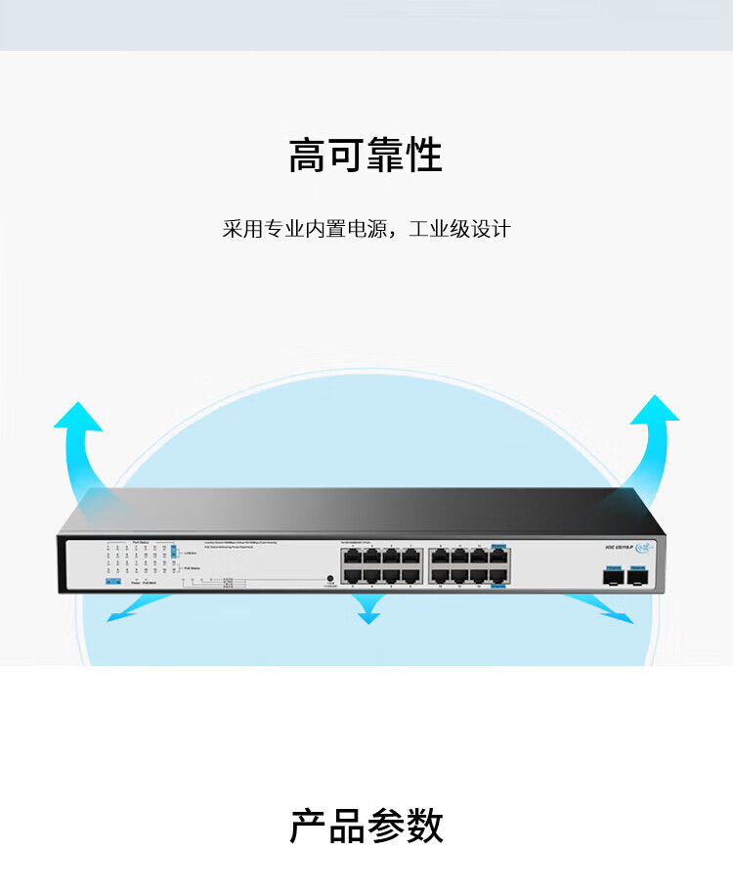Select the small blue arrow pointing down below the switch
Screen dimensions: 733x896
click(x=367, y=611)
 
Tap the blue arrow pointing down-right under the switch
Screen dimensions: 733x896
click(x=606, y=608)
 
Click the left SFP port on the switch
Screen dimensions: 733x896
click(x=614, y=576)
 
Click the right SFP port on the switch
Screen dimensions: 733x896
click(x=640, y=576)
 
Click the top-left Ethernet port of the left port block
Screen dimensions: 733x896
click(x=351, y=557)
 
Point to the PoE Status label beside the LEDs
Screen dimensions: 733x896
click(x=192, y=567)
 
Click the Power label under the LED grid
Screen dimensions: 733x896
click(x=136, y=584)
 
